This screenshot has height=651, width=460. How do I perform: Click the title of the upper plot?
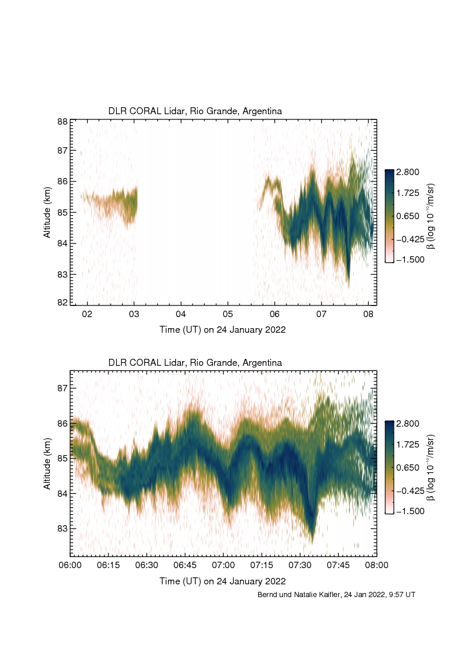coord(195,111)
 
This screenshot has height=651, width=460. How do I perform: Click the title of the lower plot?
coord(195,362)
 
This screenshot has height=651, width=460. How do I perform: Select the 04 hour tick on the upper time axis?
coord(181,314)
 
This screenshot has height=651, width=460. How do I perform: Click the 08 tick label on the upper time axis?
coord(368,314)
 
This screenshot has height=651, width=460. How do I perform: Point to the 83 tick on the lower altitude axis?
coord(62,529)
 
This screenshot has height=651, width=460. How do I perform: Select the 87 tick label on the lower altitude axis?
coord(62,388)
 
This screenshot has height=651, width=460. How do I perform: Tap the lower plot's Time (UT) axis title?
coord(223,581)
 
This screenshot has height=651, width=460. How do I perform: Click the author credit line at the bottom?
coord(336,595)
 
